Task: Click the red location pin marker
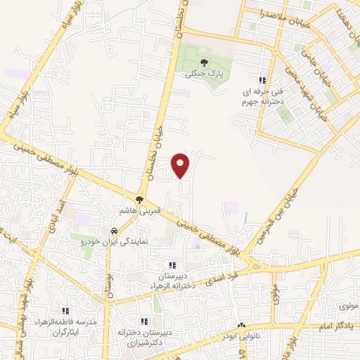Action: pos(181,165)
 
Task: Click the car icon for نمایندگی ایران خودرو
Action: pos(112,231)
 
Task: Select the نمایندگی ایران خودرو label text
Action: pos(113,241)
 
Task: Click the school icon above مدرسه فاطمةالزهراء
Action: pos(65,310)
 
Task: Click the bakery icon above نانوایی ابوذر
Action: pos(243,326)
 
